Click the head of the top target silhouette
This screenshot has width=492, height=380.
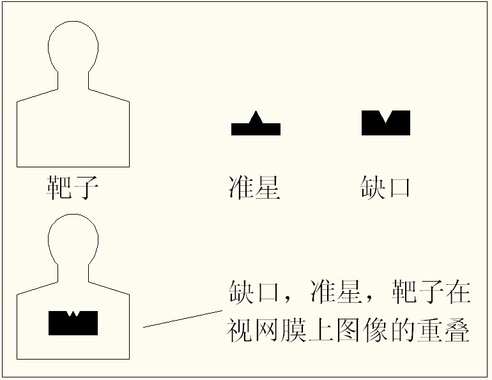[x=73, y=46]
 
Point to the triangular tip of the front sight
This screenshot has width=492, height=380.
[x=256, y=116]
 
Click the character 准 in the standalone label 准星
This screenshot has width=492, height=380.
[x=241, y=188]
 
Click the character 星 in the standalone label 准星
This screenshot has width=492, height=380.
[x=268, y=188]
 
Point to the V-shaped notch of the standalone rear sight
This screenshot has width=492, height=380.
[x=386, y=116]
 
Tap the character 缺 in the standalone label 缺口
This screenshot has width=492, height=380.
[x=373, y=188]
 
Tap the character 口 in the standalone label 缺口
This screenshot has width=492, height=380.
[x=399, y=188]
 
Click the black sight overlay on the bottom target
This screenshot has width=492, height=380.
[x=73, y=324]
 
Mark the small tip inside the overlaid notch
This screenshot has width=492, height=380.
[x=73, y=313]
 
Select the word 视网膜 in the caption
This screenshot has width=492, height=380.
[x=267, y=331]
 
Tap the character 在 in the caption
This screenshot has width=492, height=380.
[x=458, y=293]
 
